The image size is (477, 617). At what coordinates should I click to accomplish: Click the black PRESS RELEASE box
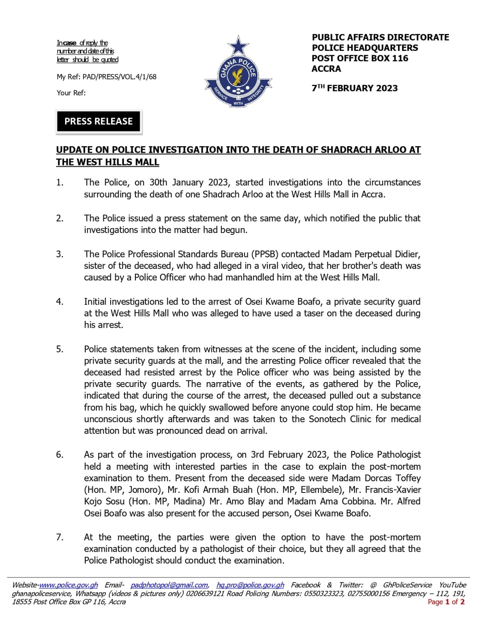point(98,121)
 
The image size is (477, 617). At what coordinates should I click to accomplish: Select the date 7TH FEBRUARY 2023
point(354,88)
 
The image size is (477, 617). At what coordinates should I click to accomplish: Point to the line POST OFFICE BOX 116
point(360,58)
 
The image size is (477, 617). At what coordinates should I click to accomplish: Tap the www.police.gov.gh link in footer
point(69,585)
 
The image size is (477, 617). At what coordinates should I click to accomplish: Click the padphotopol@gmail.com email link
point(169,585)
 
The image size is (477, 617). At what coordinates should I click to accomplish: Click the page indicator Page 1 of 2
point(446,602)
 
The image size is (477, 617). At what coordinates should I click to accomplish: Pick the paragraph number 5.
point(59,349)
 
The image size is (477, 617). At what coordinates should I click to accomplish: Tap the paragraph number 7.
point(59,537)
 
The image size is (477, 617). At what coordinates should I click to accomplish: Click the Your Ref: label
point(71,93)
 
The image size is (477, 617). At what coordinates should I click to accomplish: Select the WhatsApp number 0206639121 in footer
point(205,593)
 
